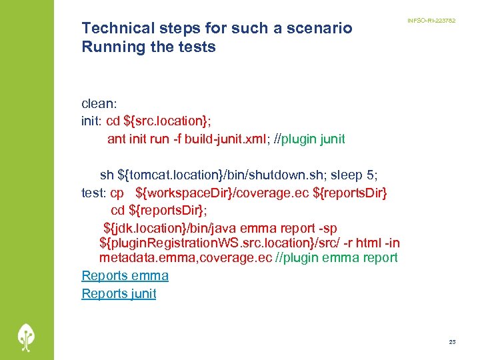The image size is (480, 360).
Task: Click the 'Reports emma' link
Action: pos(125,275)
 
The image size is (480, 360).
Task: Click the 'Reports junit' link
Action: pos(119,293)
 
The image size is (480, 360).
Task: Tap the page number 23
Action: pos(452,342)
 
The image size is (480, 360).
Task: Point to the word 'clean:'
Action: pos(99,103)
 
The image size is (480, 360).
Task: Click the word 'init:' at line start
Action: pos(92,121)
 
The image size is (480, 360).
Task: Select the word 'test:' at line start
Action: pos(93,193)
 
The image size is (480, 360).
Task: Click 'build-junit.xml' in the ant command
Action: pos(226,139)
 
